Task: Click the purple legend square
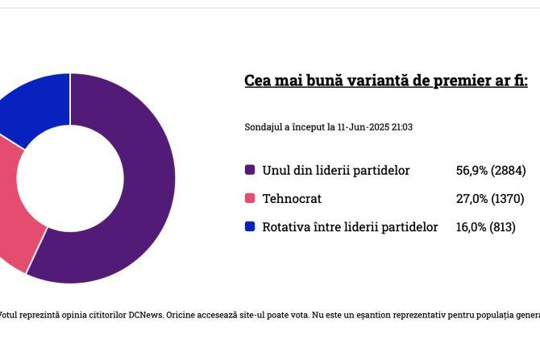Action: (x=250, y=170)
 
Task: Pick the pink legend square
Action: (x=250, y=198)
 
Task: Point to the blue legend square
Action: (x=250, y=226)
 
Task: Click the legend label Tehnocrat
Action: (x=292, y=199)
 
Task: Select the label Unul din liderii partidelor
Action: (x=336, y=171)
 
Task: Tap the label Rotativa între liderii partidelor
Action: (x=350, y=227)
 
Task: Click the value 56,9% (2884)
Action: (x=491, y=171)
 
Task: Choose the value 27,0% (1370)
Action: (x=490, y=199)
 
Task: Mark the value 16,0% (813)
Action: (x=485, y=227)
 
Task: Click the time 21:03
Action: (x=402, y=127)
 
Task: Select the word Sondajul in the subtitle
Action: (x=264, y=127)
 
